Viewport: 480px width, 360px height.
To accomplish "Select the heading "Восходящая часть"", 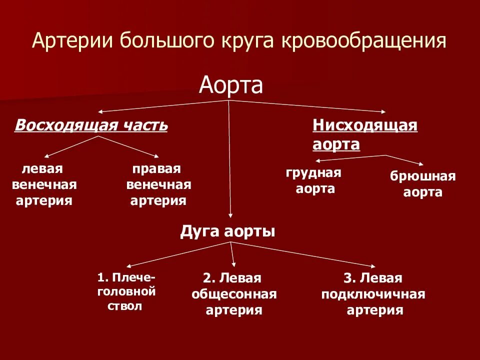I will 91,125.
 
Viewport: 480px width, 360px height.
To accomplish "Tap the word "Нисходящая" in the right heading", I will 365,125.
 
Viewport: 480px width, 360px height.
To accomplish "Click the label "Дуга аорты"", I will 227,232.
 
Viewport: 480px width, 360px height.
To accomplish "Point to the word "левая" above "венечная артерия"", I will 45,168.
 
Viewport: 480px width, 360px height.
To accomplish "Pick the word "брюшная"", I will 422,176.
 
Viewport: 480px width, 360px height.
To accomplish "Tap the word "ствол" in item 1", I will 125,306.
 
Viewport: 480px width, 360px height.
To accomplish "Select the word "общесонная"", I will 234,294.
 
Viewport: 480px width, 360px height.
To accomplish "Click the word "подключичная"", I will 373,294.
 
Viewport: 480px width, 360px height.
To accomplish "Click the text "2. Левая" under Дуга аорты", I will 233,278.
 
